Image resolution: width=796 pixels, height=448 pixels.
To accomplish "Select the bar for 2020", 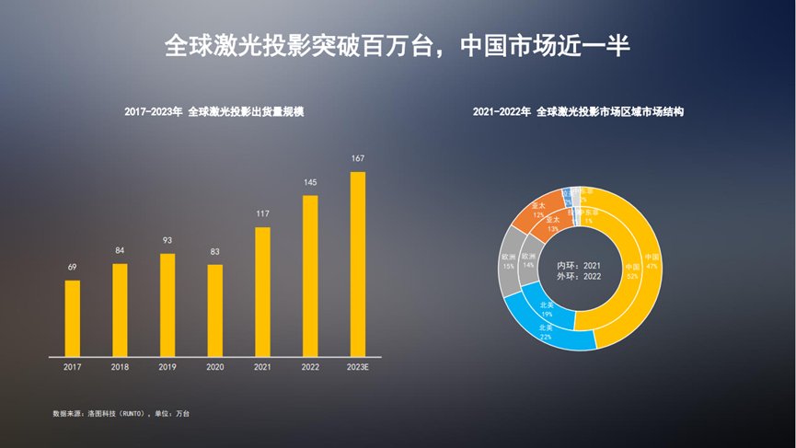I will coord(214,309).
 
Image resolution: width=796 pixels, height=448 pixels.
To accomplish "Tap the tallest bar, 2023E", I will coord(358,263).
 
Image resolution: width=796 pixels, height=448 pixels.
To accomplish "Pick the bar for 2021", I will coord(262,291).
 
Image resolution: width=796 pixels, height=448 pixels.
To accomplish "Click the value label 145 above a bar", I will coord(310,182).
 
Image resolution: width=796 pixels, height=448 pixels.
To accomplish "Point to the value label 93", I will coord(167,240).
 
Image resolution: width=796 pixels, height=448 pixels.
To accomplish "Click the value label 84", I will coord(120,250).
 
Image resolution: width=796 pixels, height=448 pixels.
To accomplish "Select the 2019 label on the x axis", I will coord(167,367).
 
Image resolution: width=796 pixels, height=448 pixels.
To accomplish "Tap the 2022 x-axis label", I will coord(310,367).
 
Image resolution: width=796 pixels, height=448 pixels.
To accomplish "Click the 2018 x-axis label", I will coord(120,367).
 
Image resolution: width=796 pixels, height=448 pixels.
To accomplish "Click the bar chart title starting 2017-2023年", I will coord(214,111).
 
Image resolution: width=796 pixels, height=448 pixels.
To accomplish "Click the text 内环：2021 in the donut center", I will coord(579,265).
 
